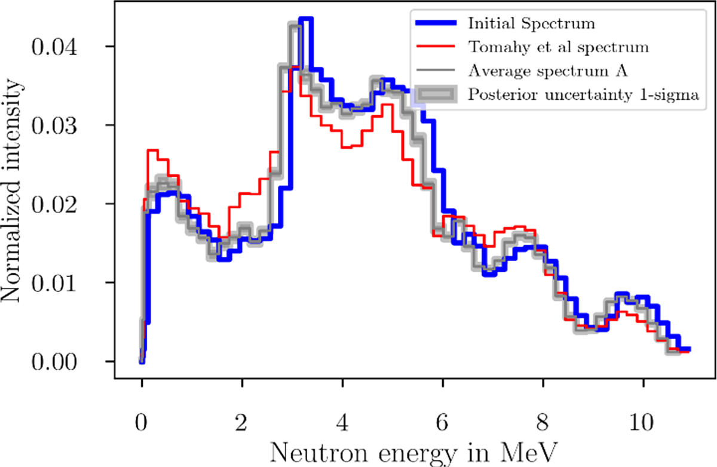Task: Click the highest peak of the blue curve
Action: (305, 19)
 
